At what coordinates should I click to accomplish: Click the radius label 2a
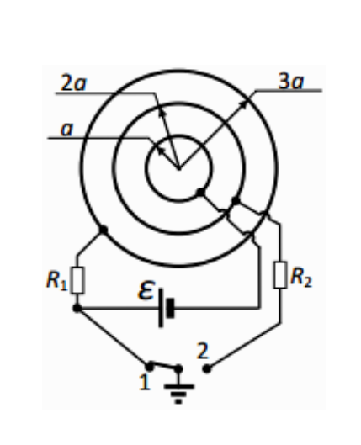click(x=73, y=83)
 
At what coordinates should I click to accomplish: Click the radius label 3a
click(x=291, y=81)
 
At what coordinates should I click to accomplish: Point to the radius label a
click(x=67, y=130)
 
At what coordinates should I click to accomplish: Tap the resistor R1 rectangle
click(x=77, y=280)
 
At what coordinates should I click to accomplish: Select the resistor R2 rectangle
click(x=280, y=275)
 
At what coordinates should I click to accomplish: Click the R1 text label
click(x=56, y=280)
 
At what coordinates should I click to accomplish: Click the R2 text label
click(x=301, y=277)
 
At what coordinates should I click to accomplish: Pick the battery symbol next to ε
click(x=166, y=308)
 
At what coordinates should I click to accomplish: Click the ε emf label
click(x=146, y=290)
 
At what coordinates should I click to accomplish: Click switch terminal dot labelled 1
click(x=149, y=367)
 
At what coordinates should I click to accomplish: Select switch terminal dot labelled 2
click(x=207, y=369)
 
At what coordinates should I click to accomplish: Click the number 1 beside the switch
click(x=145, y=382)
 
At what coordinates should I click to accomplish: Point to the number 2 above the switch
click(x=203, y=352)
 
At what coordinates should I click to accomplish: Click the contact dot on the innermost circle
click(x=200, y=192)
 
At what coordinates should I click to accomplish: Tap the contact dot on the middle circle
click(x=236, y=201)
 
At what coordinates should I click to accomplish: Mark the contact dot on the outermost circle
click(x=103, y=230)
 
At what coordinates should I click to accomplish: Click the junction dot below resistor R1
click(x=77, y=308)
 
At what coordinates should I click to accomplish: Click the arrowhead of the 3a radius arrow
click(x=244, y=103)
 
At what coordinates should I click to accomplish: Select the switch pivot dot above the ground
click(x=178, y=369)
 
